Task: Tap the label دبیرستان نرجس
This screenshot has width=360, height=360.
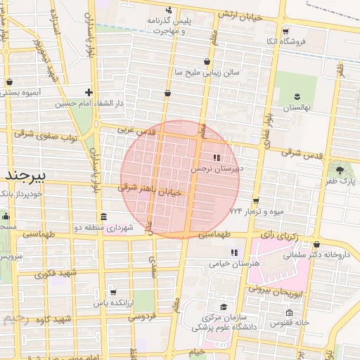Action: pos(217,169)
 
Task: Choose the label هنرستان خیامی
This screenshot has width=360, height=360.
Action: pos(235,263)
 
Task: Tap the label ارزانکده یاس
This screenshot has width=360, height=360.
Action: pos(112,303)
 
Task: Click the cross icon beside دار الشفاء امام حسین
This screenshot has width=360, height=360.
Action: pos(89,92)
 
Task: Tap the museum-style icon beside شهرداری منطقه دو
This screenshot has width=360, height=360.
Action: pos(103,216)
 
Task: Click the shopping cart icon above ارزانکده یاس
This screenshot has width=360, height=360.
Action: pos(112,292)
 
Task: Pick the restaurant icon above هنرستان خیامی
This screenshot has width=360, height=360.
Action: pos(234,252)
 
